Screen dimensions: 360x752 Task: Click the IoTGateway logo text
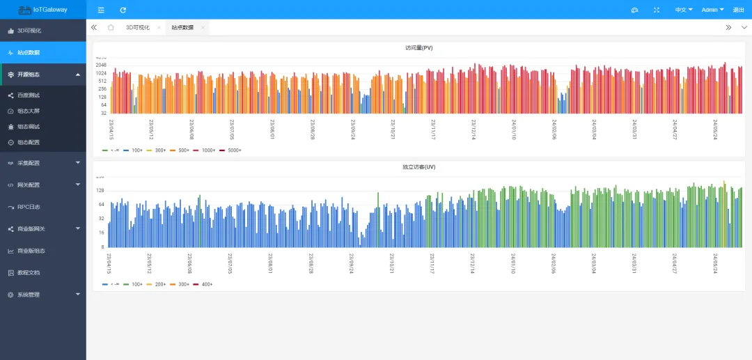tap(50, 10)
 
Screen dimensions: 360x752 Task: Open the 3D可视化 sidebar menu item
tap(29, 31)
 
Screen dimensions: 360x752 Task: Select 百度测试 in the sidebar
tap(29, 95)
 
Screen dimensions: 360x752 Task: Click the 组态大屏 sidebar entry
tap(29, 111)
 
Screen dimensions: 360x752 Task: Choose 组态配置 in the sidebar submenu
tap(29, 143)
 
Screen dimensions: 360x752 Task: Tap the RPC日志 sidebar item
tap(29, 207)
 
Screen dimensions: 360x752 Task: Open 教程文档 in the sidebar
tap(29, 272)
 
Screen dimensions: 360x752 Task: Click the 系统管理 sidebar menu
tap(29, 295)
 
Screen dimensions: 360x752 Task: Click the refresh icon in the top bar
tap(123, 10)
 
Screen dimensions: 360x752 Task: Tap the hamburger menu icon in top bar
tap(101, 10)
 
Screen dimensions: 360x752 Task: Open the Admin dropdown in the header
tap(712, 10)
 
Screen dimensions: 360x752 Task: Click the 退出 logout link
tap(738, 10)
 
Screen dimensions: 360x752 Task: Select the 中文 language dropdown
tap(683, 10)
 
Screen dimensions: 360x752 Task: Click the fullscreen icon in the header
tap(657, 10)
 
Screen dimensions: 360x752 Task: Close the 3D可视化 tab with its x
tap(159, 28)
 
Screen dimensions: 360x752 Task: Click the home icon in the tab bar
tap(111, 28)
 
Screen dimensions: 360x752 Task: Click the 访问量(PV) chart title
tap(418, 48)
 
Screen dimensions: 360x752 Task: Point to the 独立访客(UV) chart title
tap(418, 167)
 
